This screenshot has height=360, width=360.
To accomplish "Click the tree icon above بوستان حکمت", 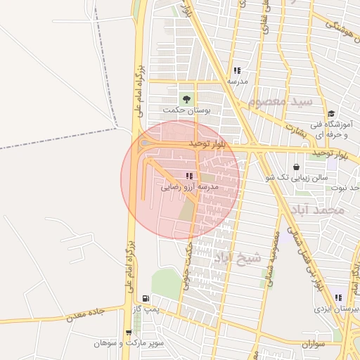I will (186, 99).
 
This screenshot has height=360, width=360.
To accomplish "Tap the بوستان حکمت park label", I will (186, 111).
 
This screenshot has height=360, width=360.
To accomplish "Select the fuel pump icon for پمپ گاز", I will (145, 299).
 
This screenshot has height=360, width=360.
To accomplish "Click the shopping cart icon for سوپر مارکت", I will (128, 333).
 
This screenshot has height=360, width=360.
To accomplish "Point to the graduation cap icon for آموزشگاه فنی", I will (330, 114).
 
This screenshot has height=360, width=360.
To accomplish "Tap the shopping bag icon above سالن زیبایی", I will (296, 167).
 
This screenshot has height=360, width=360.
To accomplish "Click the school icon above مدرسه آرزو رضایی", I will (188, 176).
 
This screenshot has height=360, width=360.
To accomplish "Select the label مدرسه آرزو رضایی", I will (191, 187).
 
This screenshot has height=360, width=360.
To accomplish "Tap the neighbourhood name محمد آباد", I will (320, 210).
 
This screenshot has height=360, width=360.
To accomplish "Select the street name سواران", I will (319, 344).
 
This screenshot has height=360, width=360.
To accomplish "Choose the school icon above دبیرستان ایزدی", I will (338, 298).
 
